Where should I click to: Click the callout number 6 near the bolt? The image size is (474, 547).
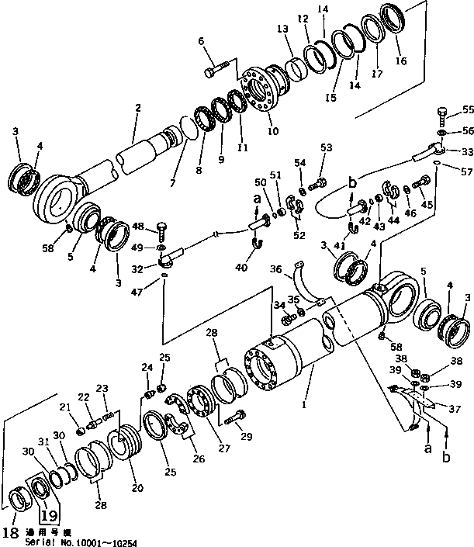(200, 41)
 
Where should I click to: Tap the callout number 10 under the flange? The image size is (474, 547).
(272, 132)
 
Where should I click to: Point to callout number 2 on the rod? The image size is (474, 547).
(137, 108)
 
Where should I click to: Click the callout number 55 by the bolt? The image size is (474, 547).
(467, 110)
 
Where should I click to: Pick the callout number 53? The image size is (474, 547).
(326, 147)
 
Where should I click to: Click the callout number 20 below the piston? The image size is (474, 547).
(138, 488)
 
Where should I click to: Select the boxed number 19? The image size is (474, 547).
(48, 514)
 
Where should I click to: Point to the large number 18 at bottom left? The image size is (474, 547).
(9, 533)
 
